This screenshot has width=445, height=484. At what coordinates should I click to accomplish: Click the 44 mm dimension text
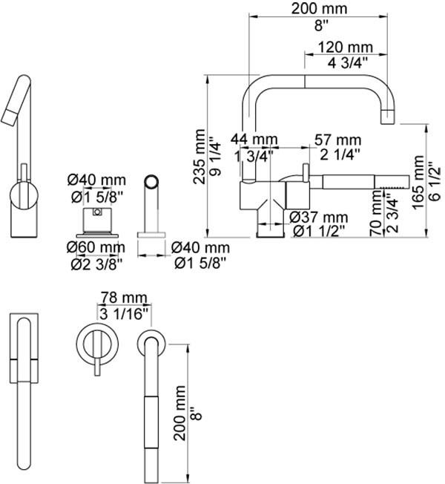click(254, 140)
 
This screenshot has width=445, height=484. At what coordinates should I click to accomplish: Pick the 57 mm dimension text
click(338, 140)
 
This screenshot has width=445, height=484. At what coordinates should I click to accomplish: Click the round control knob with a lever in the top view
click(93, 343)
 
